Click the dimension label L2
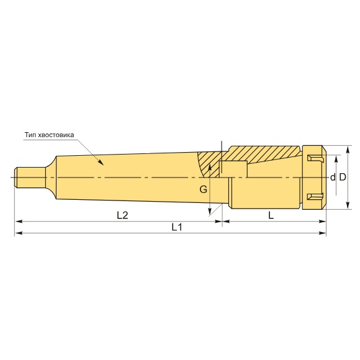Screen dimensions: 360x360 tap(122, 215)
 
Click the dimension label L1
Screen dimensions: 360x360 tap(177, 227)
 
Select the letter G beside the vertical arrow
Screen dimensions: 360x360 tap(203, 189)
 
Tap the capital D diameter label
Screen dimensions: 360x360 tap(343, 178)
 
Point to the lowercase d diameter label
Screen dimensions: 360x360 tap(333, 178)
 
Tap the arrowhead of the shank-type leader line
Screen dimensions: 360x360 tap(101, 162)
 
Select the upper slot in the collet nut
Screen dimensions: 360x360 tap(315, 158)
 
